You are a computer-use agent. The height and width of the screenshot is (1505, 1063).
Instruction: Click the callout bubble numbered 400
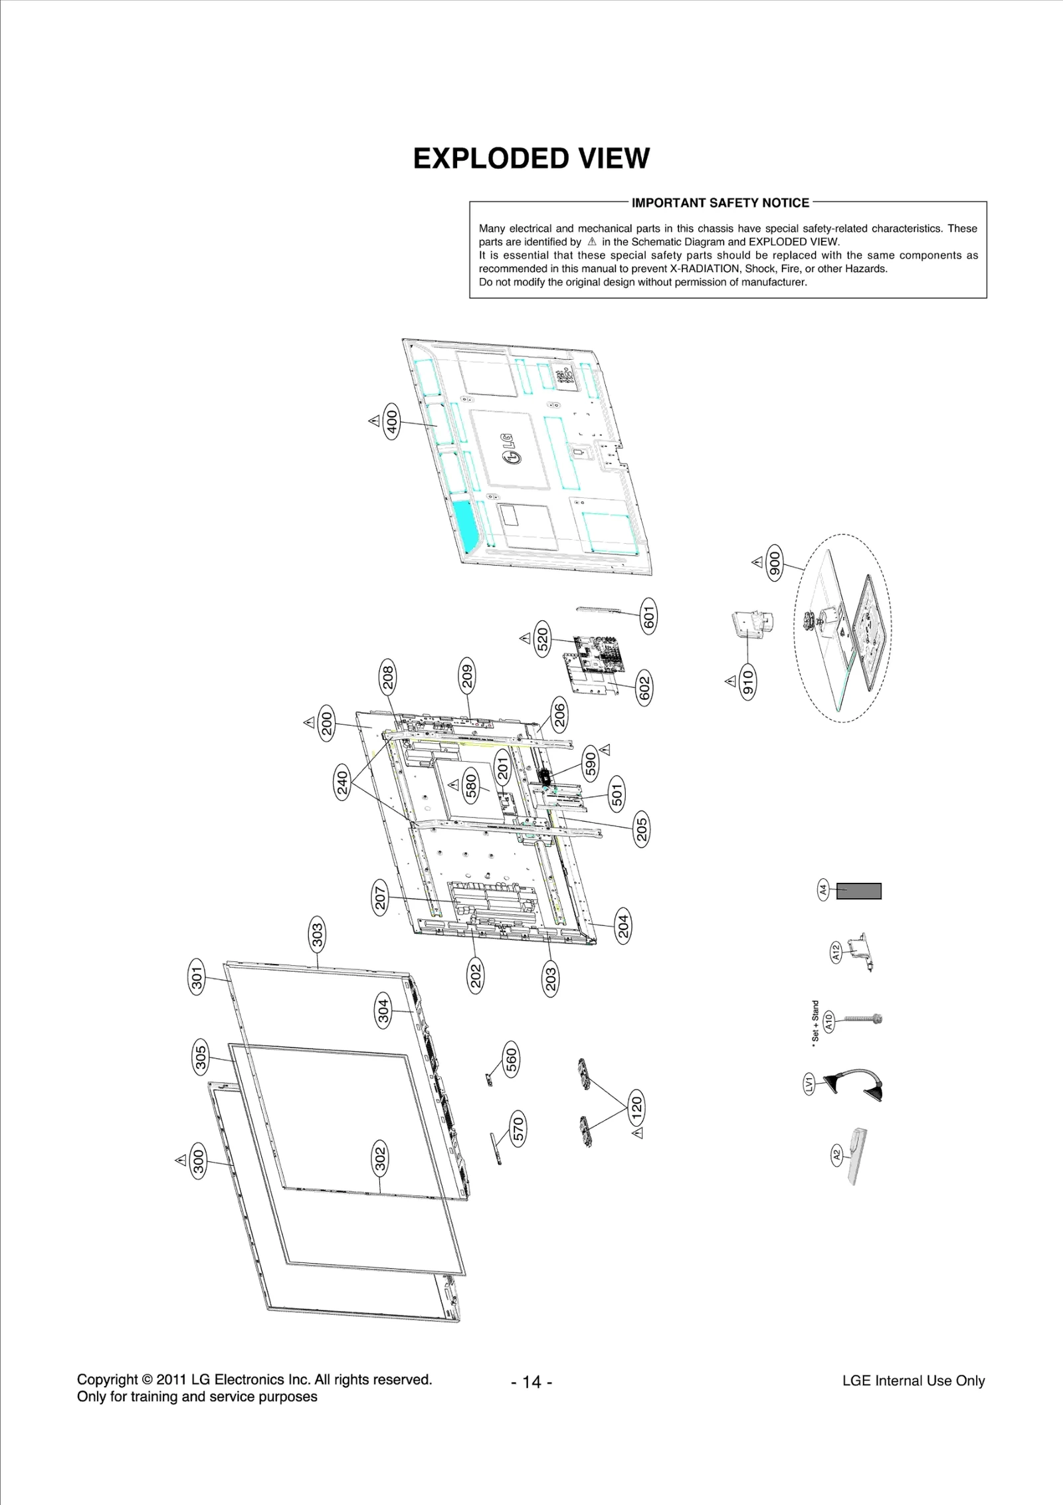click(392, 421)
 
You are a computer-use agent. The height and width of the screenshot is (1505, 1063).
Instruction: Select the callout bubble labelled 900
click(775, 562)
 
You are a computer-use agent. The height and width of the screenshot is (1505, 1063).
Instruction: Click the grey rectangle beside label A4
click(858, 891)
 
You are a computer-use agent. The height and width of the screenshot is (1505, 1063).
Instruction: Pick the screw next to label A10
click(862, 1019)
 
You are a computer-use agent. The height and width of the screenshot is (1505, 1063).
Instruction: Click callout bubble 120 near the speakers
click(636, 1107)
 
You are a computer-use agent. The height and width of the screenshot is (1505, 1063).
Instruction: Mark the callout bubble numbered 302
click(379, 1159)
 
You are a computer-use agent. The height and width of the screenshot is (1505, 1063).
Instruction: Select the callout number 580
click(471, 786)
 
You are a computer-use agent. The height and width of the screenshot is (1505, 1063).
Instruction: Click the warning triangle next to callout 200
click(309, 722)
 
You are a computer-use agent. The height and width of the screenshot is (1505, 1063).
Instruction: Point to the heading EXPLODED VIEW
click(531, 159)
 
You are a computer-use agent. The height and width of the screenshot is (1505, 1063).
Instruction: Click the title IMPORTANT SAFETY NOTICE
click(720, 203)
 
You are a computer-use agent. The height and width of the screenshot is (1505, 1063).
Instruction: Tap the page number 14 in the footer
click(532, 1383)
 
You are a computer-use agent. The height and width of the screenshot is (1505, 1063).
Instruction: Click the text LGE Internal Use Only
click(913, 1381)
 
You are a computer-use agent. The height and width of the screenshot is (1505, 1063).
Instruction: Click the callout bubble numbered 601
click(648, 616)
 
